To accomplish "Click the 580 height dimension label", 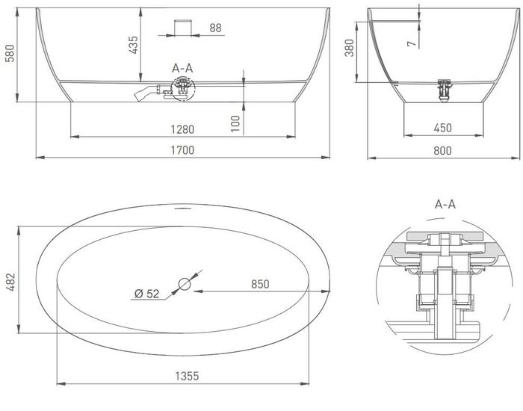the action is (x=10, y=53).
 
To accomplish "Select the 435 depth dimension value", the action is (x=133, y=45).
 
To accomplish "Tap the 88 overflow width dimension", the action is (x=215, y=28).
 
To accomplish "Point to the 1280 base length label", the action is (x=182, y=129).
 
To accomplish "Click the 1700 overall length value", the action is (x=182, y=150).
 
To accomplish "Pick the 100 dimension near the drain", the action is (x=235, y=123).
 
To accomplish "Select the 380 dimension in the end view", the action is (x=349, y=48).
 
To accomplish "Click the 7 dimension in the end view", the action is (x=412, y=43).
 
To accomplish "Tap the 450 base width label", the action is (x=443, y=128).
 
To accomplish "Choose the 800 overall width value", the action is (x=442, y=150).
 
